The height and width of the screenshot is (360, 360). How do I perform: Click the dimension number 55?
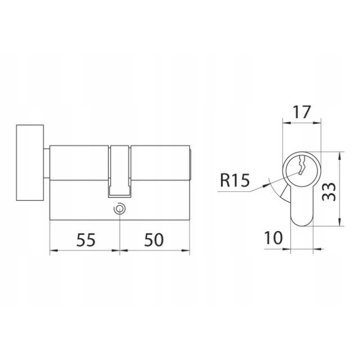(85, 240)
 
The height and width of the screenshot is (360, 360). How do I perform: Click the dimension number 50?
(154, 240)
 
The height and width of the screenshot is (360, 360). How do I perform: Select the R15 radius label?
(235, 180)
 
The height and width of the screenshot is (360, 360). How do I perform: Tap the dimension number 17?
(302, 112)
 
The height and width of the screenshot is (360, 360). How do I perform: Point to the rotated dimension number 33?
(328, 192)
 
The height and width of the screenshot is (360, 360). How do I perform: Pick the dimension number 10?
(273, 237)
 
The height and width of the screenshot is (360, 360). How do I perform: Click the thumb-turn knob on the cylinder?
(30, 163)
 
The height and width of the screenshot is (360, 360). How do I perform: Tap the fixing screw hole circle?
(119, 209)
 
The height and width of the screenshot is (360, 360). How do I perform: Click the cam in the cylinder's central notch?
(120, 171)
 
